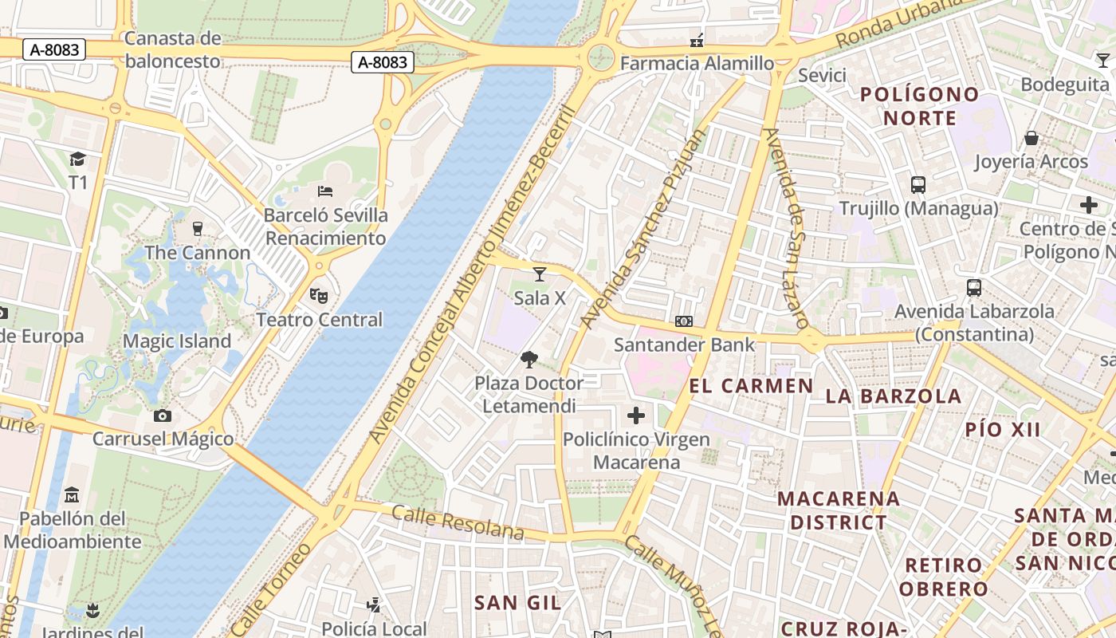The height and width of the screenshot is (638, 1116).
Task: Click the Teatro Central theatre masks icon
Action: (x=319, y=296)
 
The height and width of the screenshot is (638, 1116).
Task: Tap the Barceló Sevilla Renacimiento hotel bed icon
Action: (x=325, y=191)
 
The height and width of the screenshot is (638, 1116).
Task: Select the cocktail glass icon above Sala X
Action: (x=540, y=274)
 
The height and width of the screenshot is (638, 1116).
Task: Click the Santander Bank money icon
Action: (x=684, y=321)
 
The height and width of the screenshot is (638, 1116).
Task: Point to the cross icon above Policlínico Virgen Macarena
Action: (x=636, y=415)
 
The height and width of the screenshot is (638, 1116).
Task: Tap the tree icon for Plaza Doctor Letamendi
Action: (x=529, y=360)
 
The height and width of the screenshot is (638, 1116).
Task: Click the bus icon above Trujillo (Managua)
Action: (x=918, y=185)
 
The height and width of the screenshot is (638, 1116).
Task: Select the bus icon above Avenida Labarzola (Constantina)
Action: (x=974, y=288)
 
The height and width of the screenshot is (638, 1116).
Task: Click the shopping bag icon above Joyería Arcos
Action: (x=1032, y=138)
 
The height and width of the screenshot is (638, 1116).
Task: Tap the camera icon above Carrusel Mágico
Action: (x=163, y=415)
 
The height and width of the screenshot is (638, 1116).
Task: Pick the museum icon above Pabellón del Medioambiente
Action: (x=72, y=494)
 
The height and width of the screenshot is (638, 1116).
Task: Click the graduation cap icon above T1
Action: (x=77, y=159)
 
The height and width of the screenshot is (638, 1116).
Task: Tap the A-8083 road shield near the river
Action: (x=383, y=62)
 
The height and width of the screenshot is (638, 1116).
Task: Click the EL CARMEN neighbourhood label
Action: (x=751, y=387)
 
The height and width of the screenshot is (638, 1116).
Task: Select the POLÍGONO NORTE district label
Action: (x=919, y=106)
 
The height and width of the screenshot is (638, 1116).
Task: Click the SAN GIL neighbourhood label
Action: (x=518, y=603)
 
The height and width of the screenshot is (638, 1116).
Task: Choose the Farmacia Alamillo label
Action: (x=697, y=63)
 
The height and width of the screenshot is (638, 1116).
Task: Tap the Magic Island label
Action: (x=176, y=341)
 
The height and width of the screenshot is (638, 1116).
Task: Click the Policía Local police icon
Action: (x=373, y=605)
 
